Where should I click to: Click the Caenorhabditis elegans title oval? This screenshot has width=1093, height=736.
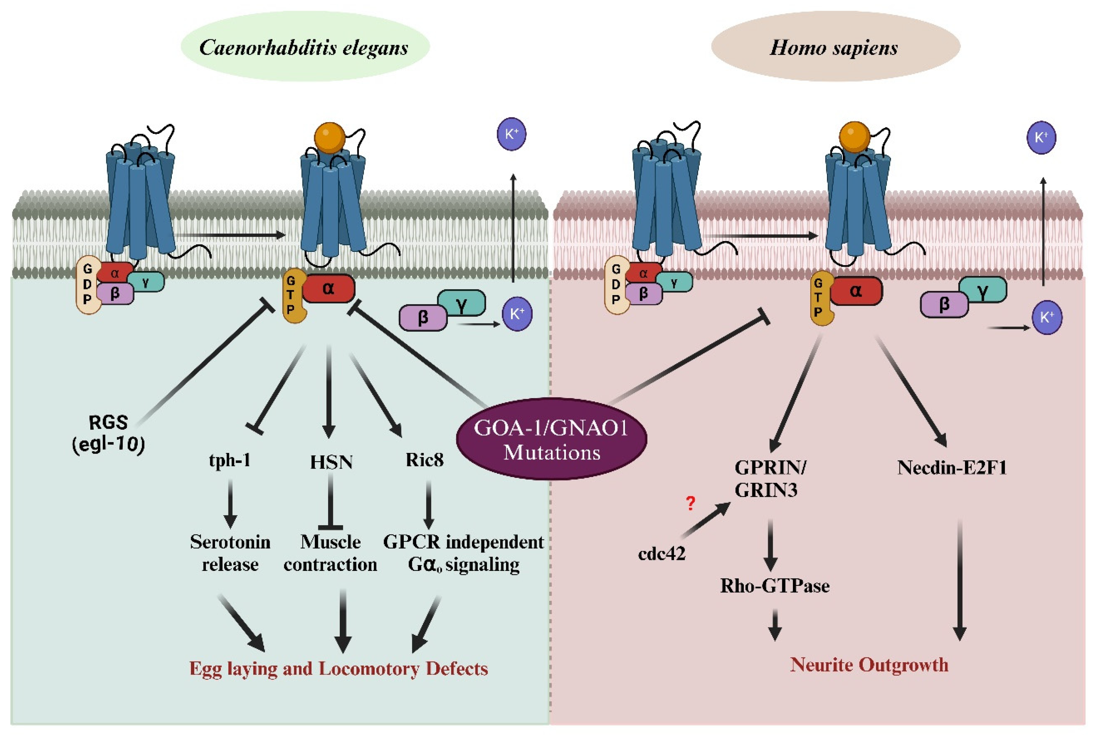coord(305,46)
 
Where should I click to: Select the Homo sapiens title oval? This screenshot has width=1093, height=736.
coord(835,46)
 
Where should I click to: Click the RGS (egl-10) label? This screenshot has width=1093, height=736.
coord(108,433)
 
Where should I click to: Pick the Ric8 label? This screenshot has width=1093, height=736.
coord(425,460)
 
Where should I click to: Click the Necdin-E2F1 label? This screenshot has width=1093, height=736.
coord(952,468)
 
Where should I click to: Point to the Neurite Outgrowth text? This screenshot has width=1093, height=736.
coord(869,665)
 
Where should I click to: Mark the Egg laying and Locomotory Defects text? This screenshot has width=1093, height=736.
coord(339,668)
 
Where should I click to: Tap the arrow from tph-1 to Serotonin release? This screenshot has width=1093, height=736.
coord(230,503)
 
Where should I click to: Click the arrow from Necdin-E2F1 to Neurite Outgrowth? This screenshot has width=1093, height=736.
coord(960,580)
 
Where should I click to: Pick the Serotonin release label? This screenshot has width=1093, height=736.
coord(230,553)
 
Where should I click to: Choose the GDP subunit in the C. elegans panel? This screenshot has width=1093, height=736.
coord(88,284)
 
